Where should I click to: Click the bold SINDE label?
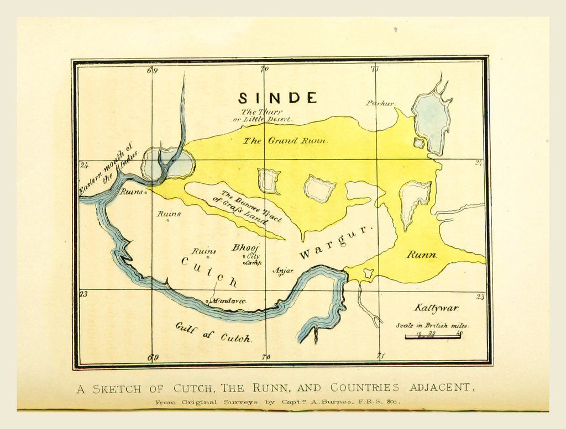[277, 98]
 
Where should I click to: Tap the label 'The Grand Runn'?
[285, 141]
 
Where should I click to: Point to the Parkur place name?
[380, 103]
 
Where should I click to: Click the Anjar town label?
[283, 271]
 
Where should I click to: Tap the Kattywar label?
[436, 308]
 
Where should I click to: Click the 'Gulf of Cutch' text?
[213, 332]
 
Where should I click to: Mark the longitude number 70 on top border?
[264, 69]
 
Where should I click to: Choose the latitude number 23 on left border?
[83, 294]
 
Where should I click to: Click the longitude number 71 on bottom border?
[380, 357]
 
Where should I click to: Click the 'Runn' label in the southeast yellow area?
[421, 255]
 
